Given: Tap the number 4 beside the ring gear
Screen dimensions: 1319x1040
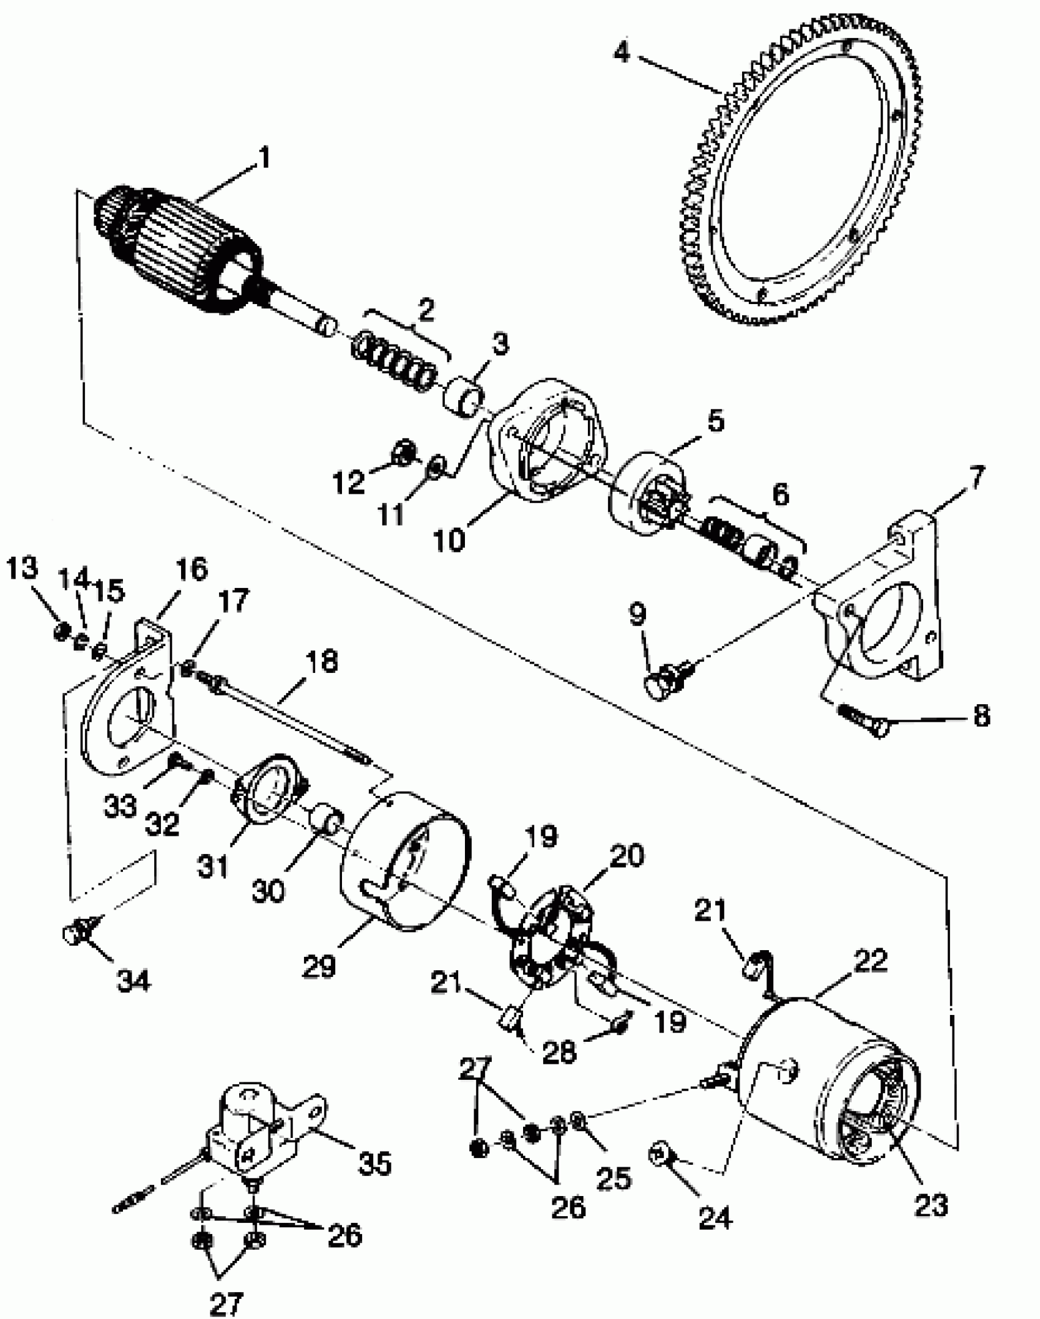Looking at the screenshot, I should [x=621, y=52].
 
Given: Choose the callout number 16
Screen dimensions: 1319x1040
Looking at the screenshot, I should [x=191, y=569].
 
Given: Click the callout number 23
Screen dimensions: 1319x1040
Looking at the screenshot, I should [x=930, y=1205].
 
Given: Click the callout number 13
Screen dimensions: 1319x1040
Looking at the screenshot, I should [x=22, y=568].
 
